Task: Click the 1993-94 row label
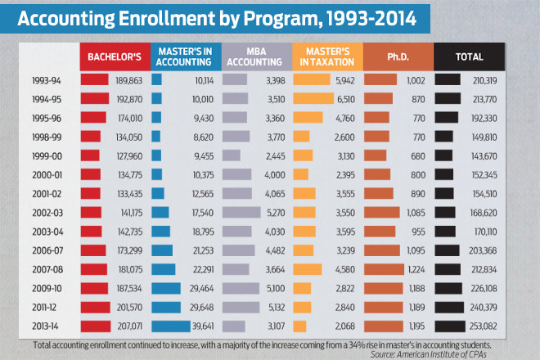coord(48,80)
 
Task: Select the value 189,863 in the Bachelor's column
coord(129,80)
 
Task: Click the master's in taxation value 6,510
coord(344,98)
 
